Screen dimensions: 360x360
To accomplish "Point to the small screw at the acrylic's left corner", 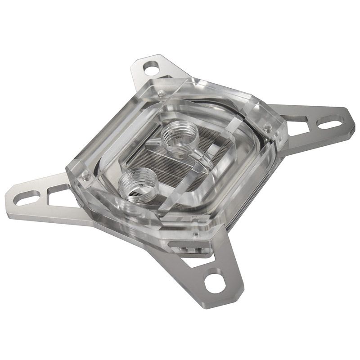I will tap(84, 177).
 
